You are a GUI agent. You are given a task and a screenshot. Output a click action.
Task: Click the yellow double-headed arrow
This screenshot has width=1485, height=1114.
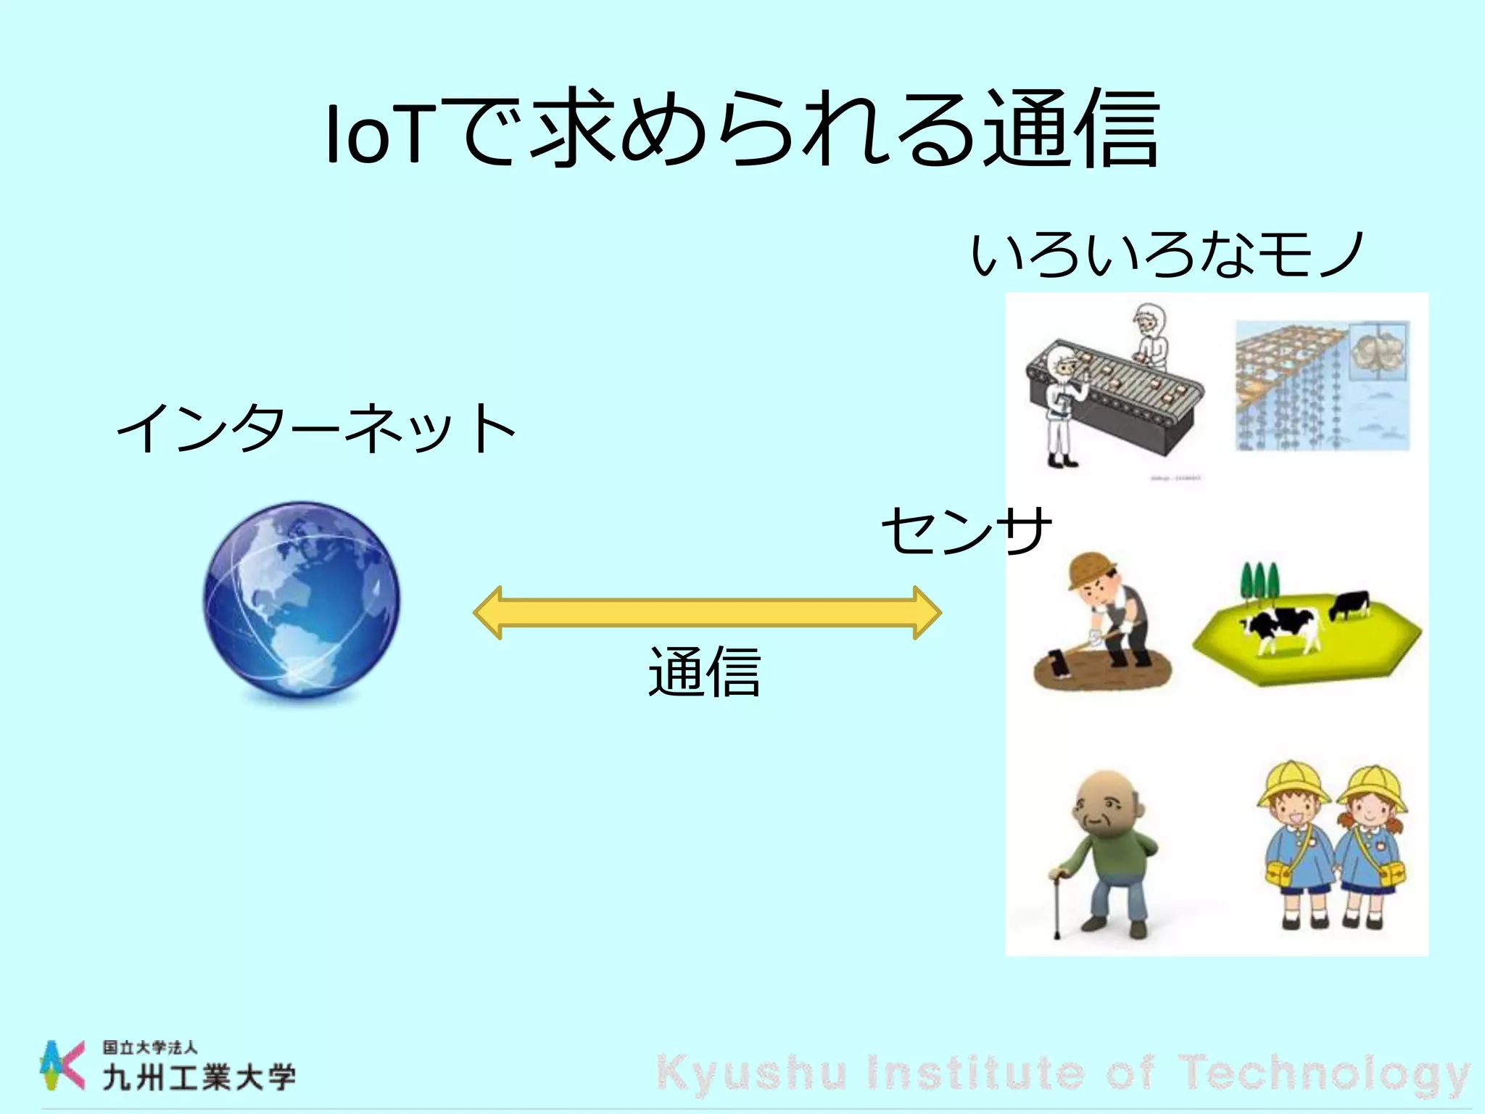[x=707, y=613]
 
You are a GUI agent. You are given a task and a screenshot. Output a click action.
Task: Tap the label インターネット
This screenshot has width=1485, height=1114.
[x=316, y=429]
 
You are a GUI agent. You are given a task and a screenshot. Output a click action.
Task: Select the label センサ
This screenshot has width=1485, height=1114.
[x=966, y=531]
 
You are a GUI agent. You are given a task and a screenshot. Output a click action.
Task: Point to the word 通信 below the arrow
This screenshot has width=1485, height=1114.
[x=704, y=673]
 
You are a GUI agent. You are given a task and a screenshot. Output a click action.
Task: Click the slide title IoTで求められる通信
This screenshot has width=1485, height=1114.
[x=741, y=129]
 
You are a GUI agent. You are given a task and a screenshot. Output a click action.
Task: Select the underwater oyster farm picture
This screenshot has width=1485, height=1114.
[x=1322, y=386]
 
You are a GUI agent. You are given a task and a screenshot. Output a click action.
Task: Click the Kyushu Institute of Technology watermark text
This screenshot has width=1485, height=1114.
[x=1063, y=1073]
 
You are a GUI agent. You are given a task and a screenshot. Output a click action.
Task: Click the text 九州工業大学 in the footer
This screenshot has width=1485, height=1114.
[x=199, y=1078]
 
